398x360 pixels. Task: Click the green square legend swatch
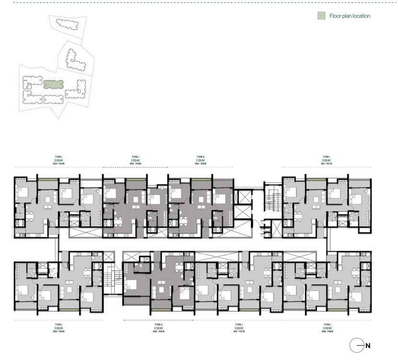pos(321,16)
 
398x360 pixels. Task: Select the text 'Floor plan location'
pos(350,16)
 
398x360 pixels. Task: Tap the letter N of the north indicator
pos(368,345)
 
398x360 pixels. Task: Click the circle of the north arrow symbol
pos(356,345)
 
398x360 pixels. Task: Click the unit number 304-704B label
pos(59,164)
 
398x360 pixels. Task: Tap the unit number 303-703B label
pos(135,164)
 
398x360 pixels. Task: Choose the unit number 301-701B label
pos(327,164)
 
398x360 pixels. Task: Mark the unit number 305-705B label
pos(59,331)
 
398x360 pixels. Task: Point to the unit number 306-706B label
pos(159,331)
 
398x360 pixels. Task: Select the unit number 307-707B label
pos(239,331)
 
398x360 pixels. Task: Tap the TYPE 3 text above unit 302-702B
pos(200,157)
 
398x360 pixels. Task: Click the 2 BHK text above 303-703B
pos(135,160)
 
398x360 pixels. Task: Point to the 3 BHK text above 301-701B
pos(327,160)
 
